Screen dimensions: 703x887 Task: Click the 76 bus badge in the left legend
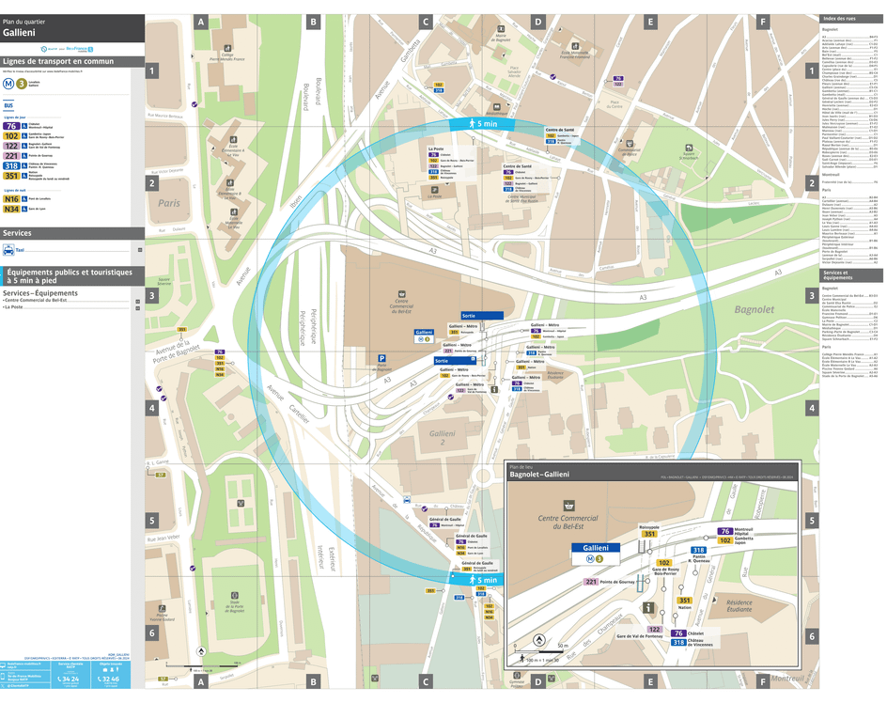pos(12,125)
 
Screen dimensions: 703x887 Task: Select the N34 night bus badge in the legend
pos(12,209)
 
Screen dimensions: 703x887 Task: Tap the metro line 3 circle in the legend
pos(22,83)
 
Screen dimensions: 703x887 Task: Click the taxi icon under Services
pos(8,250)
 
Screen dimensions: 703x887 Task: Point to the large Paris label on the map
pos(169,203)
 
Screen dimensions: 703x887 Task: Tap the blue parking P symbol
pos(382,358)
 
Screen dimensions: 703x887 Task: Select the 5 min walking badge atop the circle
pos(480,124)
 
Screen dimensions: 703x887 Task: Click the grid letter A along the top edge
pos(200,22)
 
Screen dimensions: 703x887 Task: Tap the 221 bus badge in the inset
pos(591,582)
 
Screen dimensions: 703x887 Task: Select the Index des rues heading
pos(839,20)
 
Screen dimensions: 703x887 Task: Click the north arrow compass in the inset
pos(538,641)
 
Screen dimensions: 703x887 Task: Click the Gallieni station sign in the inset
pos(596,547)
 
